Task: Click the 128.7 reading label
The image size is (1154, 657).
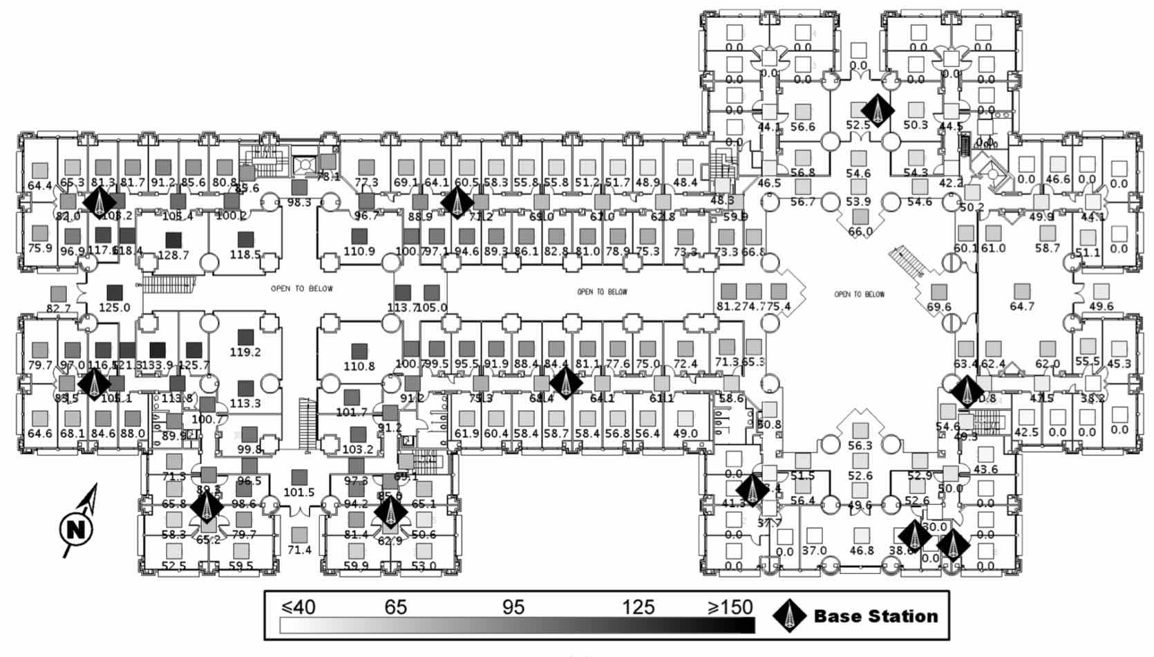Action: click(x=173, y=255)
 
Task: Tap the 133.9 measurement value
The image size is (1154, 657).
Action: click(x=157, y=364)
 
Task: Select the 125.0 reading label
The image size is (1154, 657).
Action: click(x=114, y=308)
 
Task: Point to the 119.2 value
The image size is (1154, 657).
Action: click(x=245, y=352)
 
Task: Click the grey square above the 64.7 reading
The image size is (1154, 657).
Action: click(x=1021, y=291)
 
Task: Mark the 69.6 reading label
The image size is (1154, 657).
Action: click(x=938, y=307)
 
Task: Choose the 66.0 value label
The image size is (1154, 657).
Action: click(x=860, y=232)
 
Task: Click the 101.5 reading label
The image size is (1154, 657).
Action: click(x=299, y=492)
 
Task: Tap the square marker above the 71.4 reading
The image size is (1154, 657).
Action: click(x=299, y=535)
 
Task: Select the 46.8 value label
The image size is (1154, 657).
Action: click(x=861, y=550)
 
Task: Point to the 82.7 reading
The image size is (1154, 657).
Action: click(x=58, y=308)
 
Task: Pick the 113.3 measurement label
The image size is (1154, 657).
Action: click(x=245, y=403)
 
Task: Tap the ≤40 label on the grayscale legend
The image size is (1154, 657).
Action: click(x=299, y=607)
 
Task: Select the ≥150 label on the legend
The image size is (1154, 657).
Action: click(x=730, y=607)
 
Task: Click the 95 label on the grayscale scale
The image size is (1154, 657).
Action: click(x=513, y=607)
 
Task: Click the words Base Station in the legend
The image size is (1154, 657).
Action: click(x=876, y=616)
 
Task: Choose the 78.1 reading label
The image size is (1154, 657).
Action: click(x=328, y=176)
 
